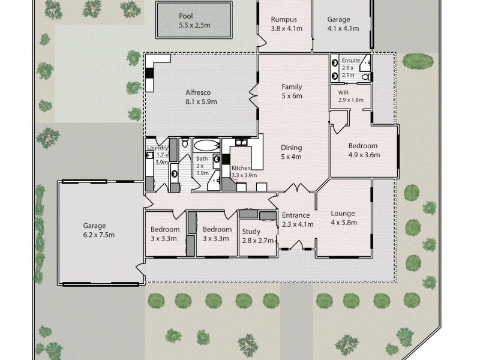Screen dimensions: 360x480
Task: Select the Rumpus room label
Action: [x=284, y=19]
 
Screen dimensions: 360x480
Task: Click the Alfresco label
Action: [x=200, y=92]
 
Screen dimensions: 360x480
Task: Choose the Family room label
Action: [x=292, y=86]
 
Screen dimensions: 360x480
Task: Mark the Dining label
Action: [x=292, y=148]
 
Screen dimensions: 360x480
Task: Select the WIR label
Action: [x=344, y=93]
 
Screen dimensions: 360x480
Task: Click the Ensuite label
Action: [x=350, y=61]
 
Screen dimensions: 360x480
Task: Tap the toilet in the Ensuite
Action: [x=365, y=76]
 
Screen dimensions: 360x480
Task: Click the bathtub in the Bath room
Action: [x=208, y=146]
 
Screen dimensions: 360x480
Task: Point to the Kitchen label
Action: [x=242, y=168]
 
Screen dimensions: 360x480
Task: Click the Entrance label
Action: [x=296, y=215]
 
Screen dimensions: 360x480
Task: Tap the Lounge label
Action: [x=343, y=213]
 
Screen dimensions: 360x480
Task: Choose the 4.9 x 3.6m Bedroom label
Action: [x=363, y=146]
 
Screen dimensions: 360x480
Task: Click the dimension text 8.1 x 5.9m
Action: [x=200, y=101]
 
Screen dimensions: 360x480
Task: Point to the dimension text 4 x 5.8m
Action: [x=343, y=222]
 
